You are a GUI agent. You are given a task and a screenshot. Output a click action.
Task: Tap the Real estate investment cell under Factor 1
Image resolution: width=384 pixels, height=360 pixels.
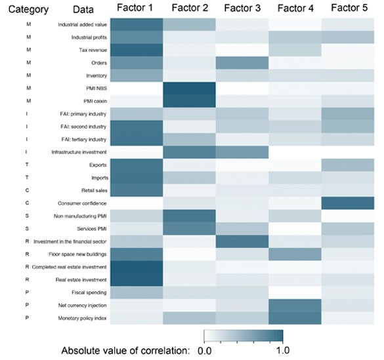click(137, 278)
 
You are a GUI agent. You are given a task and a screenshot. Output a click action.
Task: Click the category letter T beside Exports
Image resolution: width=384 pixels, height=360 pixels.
click(8, 166)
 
